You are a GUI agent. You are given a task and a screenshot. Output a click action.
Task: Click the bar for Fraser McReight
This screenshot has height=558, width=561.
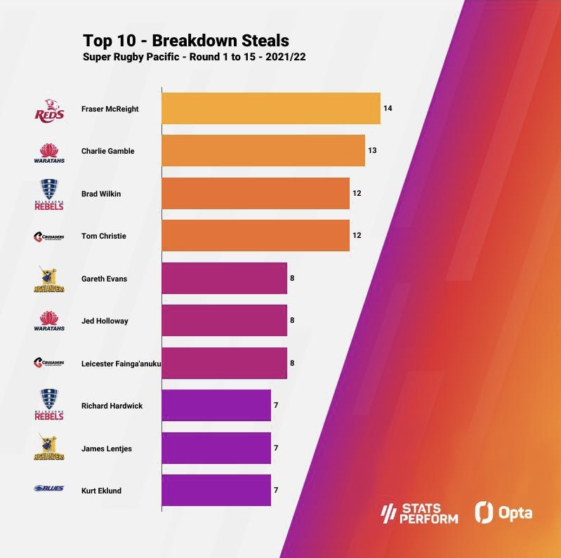point(270,109)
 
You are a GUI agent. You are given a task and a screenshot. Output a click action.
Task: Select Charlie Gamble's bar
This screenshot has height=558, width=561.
point(263,151)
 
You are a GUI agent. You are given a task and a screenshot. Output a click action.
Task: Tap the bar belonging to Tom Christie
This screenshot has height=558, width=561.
point(255,236)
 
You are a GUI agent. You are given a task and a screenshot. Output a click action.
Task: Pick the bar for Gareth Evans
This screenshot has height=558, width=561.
point(224,278)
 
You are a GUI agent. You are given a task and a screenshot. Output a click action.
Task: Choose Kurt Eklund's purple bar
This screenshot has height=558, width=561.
point(216,490)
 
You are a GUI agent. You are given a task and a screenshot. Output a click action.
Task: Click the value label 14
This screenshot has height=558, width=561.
point(388,109)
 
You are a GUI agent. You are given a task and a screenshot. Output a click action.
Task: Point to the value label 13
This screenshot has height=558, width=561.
point(372,151)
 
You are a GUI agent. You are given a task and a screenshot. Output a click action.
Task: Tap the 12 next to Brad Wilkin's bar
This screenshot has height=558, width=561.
point(357,194)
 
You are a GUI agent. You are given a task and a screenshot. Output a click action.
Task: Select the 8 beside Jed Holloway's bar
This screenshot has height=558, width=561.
point(292,321)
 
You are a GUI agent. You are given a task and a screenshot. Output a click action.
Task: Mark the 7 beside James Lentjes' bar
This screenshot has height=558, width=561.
point(276,448)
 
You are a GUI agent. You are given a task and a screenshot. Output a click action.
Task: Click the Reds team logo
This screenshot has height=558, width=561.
point(49,109)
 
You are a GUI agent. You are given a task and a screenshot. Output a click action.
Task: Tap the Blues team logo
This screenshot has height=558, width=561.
point(48,489)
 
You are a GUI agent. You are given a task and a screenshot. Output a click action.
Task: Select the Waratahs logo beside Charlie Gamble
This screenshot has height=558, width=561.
point(49,152)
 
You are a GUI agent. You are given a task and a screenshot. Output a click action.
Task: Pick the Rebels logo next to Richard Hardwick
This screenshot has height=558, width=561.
point(49,405)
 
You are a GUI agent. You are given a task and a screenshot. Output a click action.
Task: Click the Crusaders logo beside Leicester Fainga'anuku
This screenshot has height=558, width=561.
point(49,363)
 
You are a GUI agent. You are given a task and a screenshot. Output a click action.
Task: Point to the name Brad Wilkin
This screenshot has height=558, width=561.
point(101,194)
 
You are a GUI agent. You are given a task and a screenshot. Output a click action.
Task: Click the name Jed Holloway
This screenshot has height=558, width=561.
point(105,321)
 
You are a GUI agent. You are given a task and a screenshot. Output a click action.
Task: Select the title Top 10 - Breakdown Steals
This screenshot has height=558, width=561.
point(186,41)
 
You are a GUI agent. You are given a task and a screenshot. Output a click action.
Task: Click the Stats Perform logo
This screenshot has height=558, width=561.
point(419,514)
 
